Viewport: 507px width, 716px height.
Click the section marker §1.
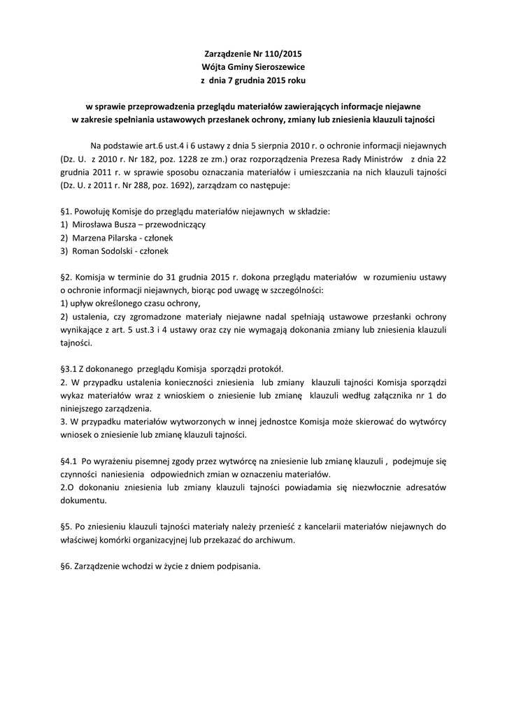click(66, 210)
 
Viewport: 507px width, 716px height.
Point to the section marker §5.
click(66, 527)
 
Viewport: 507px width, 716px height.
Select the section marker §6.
click(66, 566)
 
